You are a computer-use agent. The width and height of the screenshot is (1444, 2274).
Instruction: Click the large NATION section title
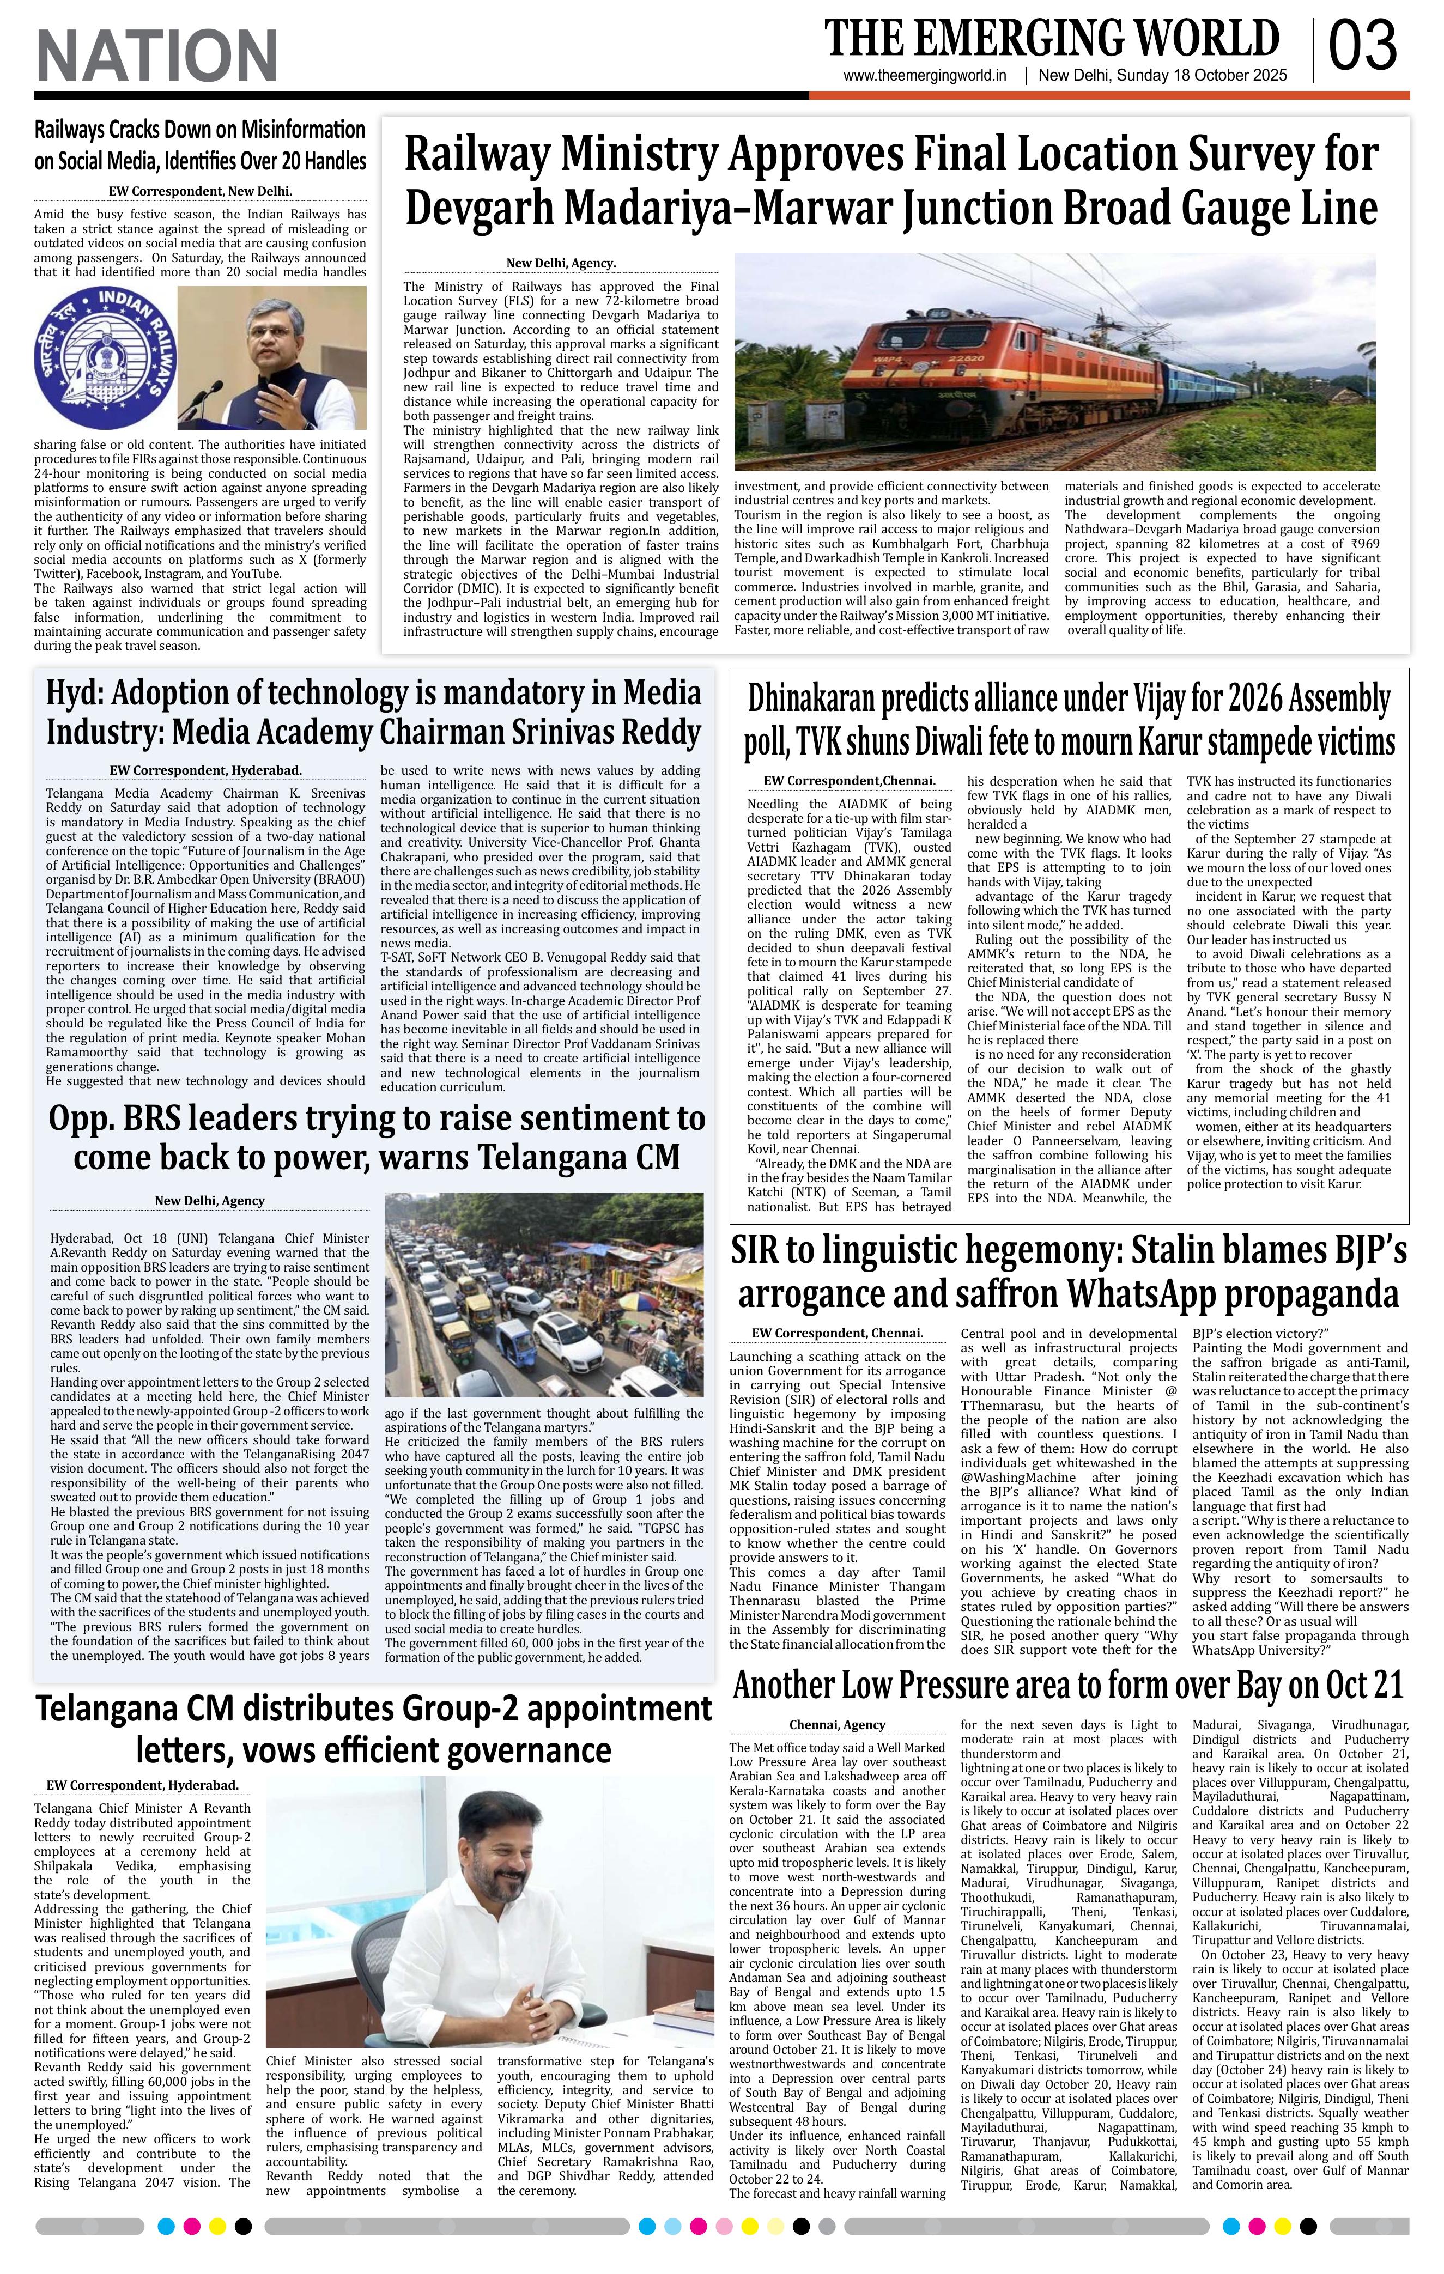click(157, 55)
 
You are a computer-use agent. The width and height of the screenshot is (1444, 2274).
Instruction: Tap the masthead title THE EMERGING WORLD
click(1051, 40)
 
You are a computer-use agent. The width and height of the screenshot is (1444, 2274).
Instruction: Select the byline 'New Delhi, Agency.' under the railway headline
click(561, 264)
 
